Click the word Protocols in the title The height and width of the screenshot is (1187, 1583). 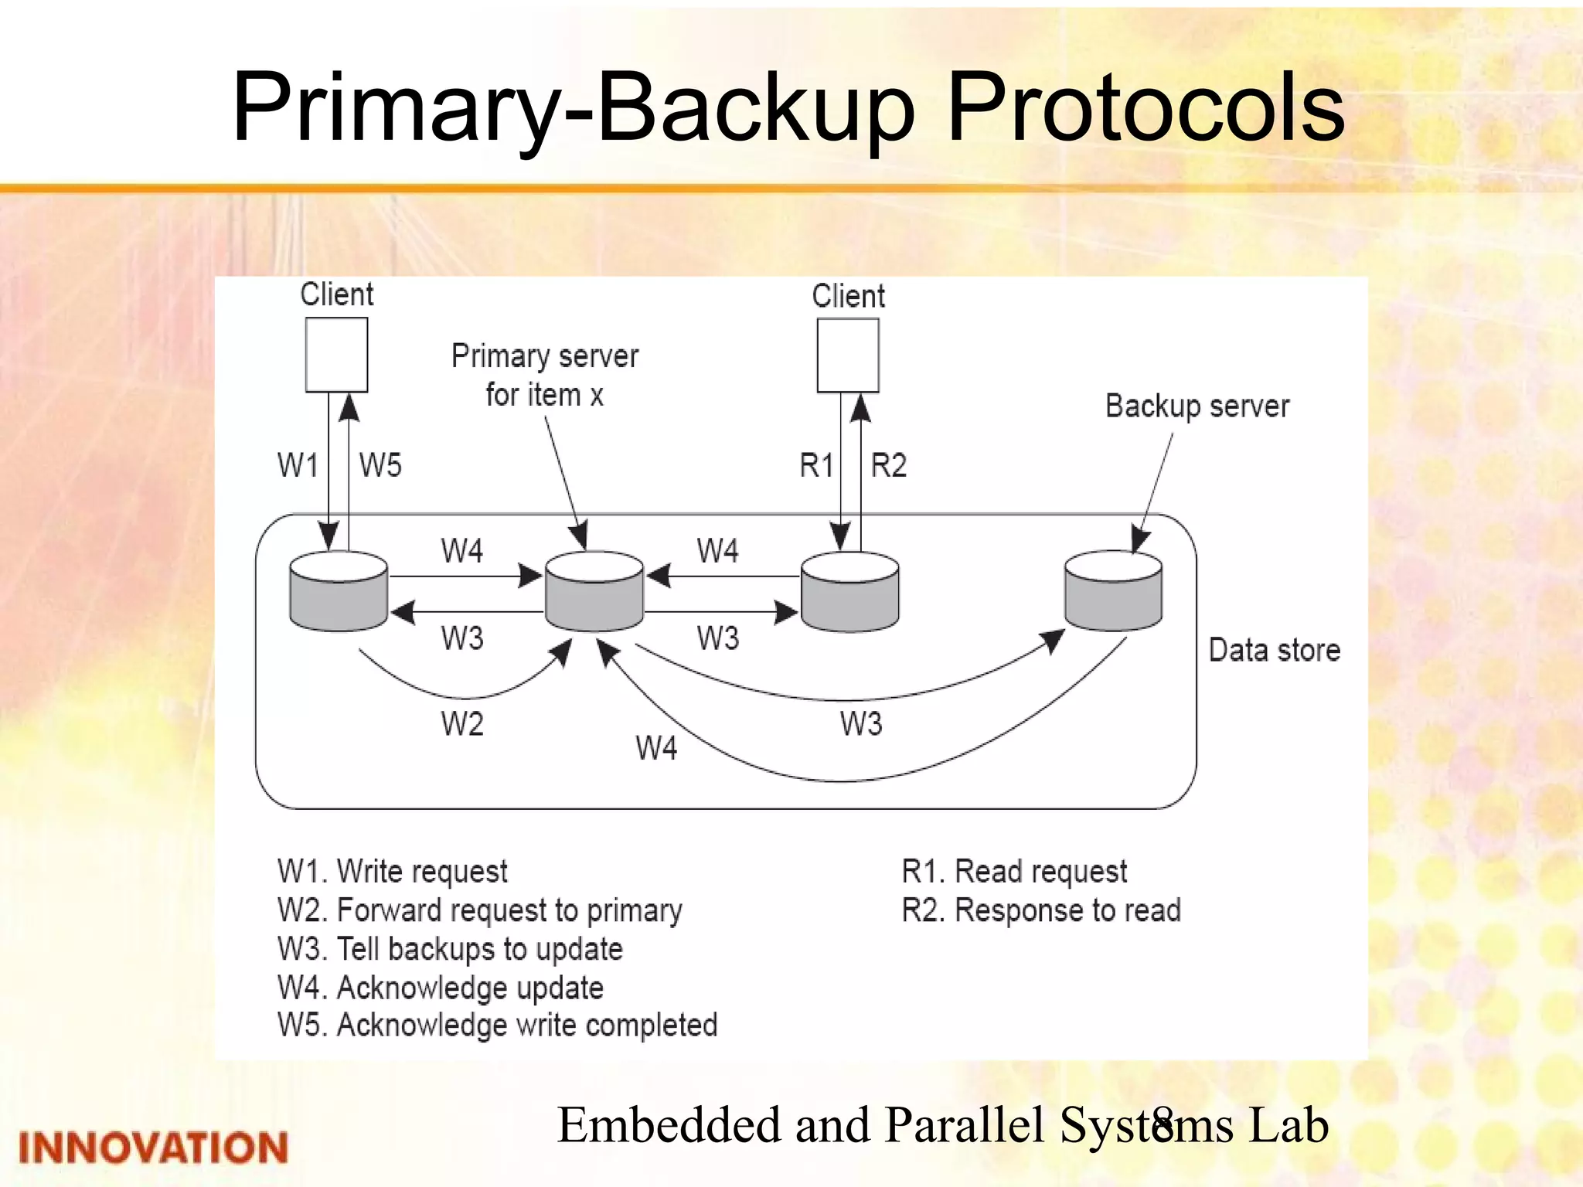(x=1146, y=108)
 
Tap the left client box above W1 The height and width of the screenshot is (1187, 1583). (x=336, y=355)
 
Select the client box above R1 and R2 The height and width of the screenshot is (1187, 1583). (x=848, y=355)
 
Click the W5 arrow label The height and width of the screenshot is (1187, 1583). (x=380, y=465)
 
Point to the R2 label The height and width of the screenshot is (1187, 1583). (x=888, y=465)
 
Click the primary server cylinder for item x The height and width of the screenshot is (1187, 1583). (x=594, y=591)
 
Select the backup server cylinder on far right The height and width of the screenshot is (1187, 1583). (x=1113, y=591)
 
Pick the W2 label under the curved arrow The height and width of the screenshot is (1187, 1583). (x=462, y=724)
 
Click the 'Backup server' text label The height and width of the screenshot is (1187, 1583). (x=1197, y=406)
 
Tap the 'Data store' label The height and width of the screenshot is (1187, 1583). (x=1274, y=650)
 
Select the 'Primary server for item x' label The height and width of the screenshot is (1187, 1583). (x=545, y=375)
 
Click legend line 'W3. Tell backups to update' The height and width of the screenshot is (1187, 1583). (x=450, y=949)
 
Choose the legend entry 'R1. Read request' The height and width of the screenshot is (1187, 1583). (x=1014, y=872)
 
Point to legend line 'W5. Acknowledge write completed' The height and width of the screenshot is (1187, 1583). (x=497, y=1025)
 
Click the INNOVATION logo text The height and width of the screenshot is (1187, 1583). (x=153, y=1148)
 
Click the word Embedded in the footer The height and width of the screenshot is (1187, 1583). (x=669, y=1124)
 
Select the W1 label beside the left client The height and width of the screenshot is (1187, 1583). (x=298, y=465)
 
